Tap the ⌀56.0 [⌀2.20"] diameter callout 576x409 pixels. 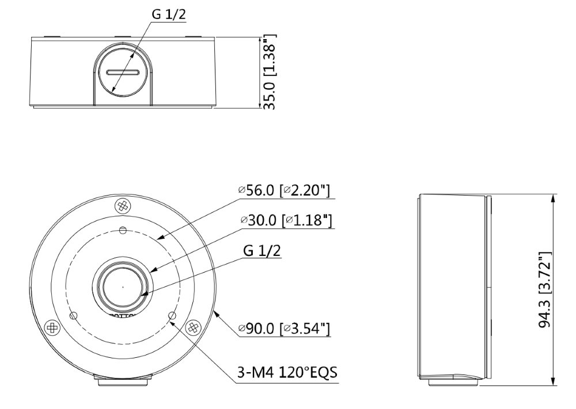[x=284, y=191]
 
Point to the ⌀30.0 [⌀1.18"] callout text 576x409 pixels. [x=287, y=220]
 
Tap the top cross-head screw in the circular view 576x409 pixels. [x=122, y=205]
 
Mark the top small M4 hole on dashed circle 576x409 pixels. [x=122, y=231]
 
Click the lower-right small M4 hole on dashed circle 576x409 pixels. [x=171, y=316]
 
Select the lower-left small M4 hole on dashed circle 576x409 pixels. [x=73, y=316]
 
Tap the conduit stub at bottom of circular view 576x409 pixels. [x=122, y=380]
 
